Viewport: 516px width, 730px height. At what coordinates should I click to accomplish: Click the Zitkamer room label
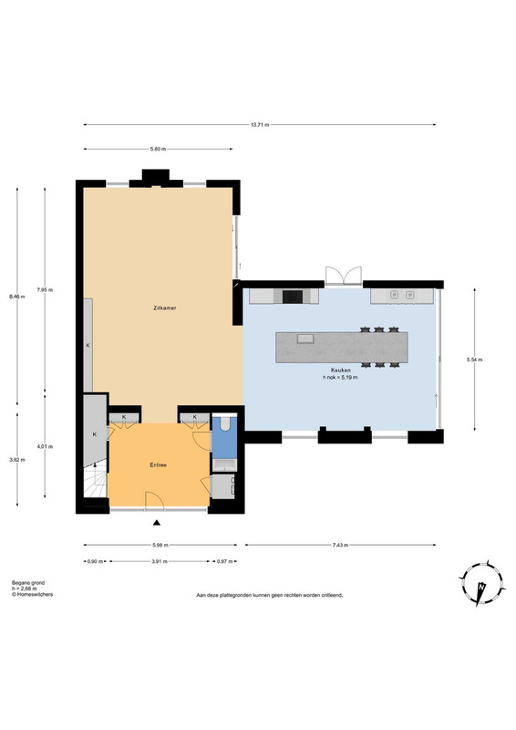(165, 308)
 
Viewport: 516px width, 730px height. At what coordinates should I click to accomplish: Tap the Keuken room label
(341, 370)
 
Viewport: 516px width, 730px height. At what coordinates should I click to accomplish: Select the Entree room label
(159, 464)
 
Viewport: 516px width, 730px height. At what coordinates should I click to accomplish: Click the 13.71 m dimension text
(260, 125)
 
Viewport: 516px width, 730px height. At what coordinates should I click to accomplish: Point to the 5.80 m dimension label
(158, 149)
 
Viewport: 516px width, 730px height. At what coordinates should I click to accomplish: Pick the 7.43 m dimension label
(340, 545)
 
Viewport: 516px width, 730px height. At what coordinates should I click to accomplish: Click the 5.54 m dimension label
(475, 360)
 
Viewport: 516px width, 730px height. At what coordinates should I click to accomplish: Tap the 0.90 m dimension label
(95, 561)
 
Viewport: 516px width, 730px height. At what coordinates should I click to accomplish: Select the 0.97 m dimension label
(224, 561)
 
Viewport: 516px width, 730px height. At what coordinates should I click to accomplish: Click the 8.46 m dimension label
(17, 296)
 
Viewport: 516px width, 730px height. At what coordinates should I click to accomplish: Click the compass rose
(482, 582)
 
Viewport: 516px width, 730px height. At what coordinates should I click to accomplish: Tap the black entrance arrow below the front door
(157, 523)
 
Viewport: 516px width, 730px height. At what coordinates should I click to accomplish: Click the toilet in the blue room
(225, 423)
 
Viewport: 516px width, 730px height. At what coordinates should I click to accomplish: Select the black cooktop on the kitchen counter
(293, 297)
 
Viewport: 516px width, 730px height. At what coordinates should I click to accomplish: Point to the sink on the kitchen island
(305, 338)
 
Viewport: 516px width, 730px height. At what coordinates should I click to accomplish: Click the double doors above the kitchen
(344, 276)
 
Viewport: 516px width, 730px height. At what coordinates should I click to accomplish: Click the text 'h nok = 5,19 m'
(340, 378)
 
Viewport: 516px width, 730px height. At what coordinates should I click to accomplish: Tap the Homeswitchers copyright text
(32, 595)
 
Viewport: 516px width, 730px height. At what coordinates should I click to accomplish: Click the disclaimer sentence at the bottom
(270, 595)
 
